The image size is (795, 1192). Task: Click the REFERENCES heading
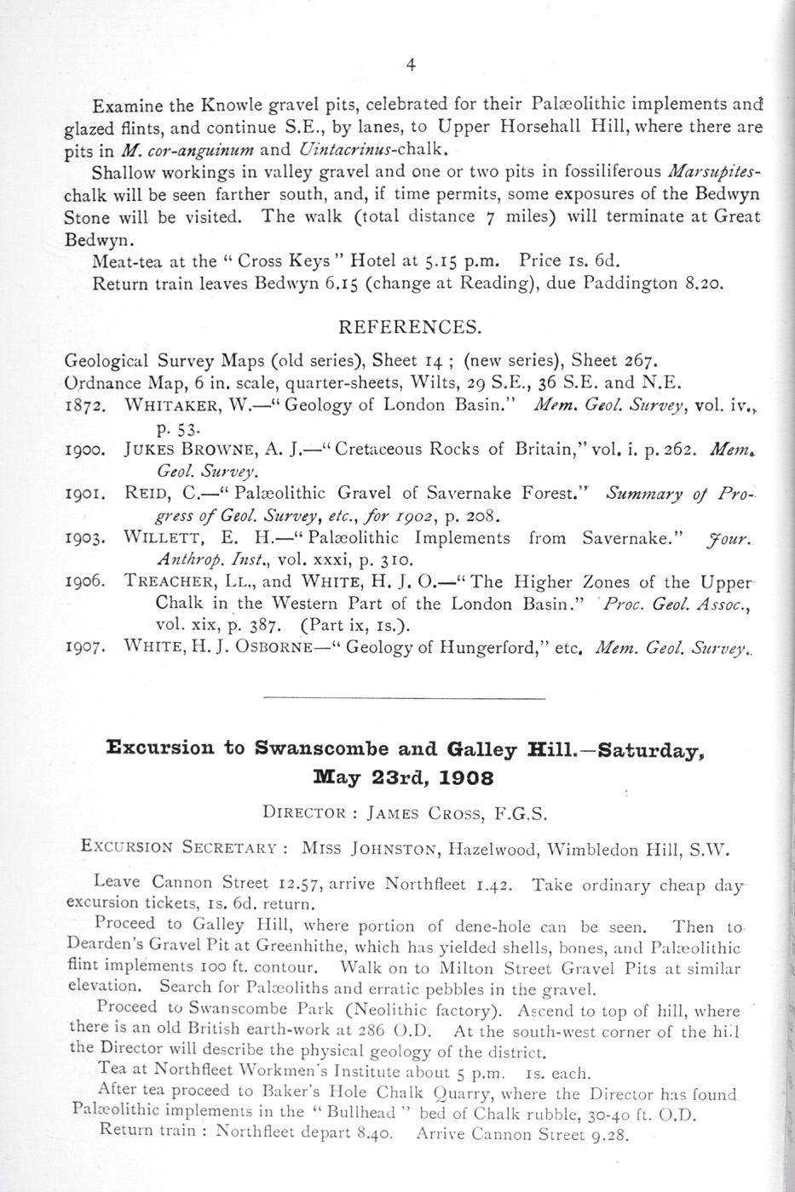(x=410, y=327)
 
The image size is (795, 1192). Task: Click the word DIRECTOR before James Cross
(x=305, y=812)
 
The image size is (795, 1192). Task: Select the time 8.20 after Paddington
(x=703, y=284)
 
